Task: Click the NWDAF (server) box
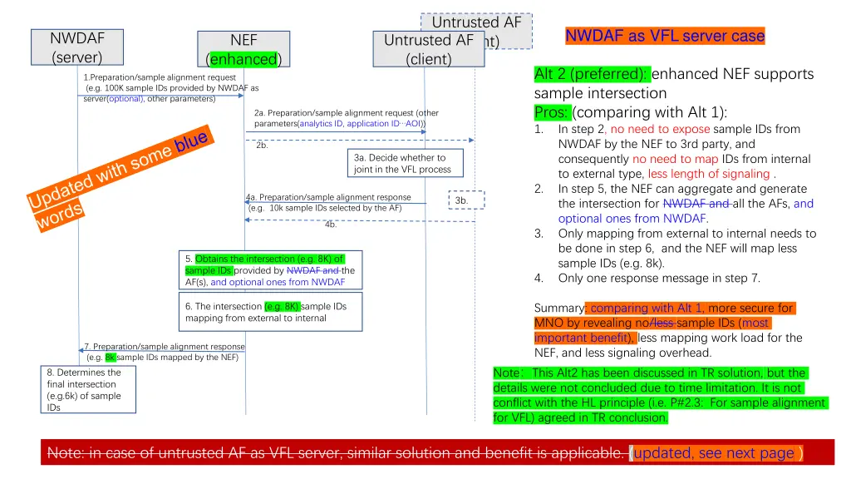click(77, 47)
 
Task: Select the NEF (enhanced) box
click(243, 50)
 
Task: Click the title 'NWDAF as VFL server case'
click(664, 36)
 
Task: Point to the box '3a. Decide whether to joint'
click(402, 163)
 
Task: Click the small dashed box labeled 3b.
click(462, 200)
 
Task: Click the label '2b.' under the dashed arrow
click(262, 146)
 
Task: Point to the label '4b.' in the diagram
click(331, 225)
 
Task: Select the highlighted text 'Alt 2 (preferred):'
click(593, 74)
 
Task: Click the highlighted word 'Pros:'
click(552, 112)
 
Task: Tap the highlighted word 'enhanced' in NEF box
click(243, 59)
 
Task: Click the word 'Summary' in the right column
click(558, 308)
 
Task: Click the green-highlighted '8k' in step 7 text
click(111, 358)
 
